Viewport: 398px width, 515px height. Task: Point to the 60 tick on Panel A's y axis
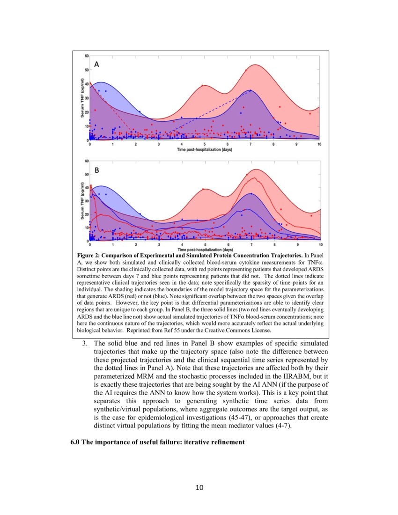87,56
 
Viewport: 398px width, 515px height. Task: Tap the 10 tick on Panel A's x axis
319,144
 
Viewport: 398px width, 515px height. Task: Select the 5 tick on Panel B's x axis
204,245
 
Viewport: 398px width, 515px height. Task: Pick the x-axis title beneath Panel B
204,250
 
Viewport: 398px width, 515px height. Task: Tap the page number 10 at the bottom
199,488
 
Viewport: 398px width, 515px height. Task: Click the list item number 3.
85,343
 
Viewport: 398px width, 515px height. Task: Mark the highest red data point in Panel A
246,70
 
